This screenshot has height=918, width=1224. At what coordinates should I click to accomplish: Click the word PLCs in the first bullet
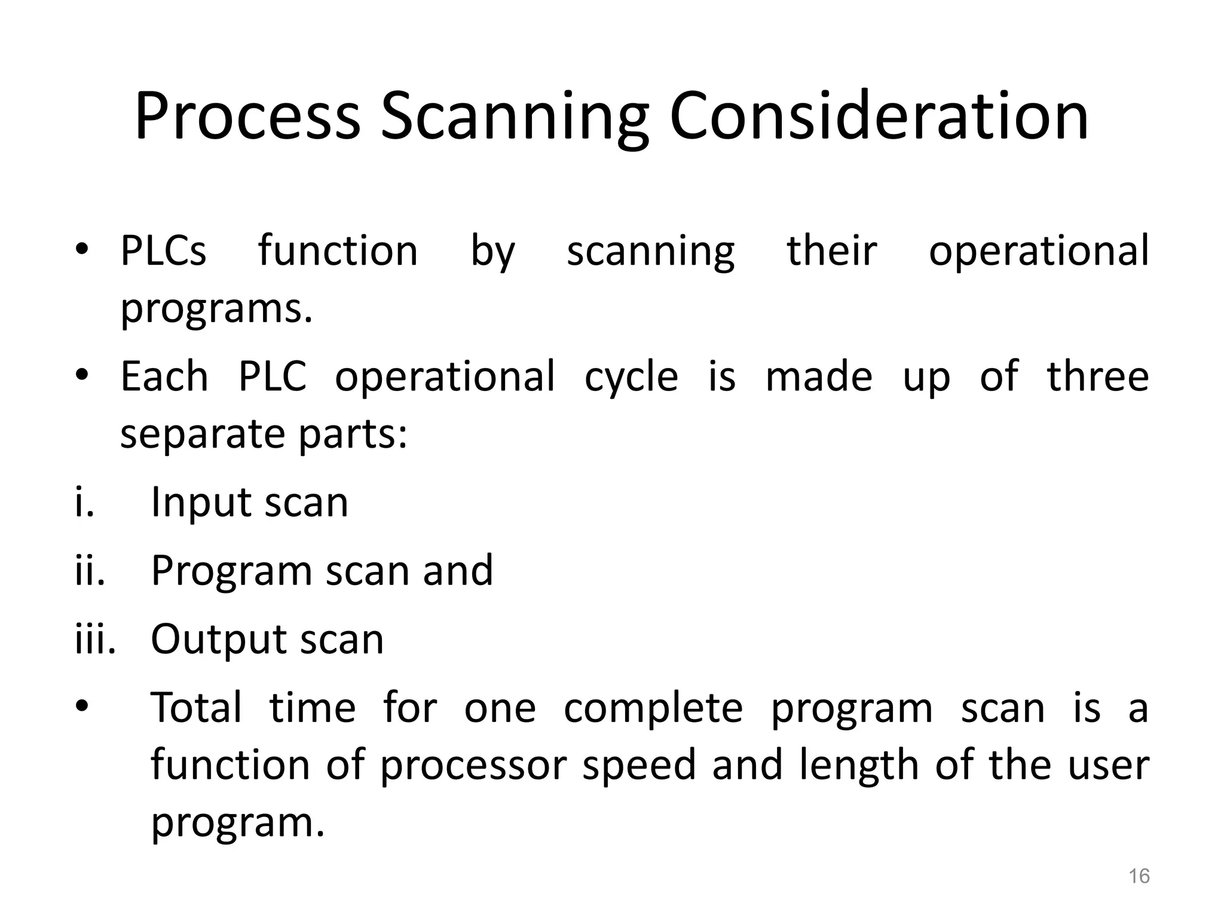click(163, 250)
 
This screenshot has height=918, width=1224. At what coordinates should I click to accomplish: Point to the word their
click(831, 250)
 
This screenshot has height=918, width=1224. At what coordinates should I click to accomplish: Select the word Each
click(164, 377)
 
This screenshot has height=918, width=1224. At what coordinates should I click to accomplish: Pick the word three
click(1098, 377)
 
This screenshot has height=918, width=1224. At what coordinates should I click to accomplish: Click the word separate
click(202, 434)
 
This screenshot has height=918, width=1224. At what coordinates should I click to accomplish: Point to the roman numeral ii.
click(90, 570)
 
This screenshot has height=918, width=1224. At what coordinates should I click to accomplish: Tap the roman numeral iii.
click(95, 639)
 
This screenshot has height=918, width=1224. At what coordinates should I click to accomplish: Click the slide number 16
click(1139, 876)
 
